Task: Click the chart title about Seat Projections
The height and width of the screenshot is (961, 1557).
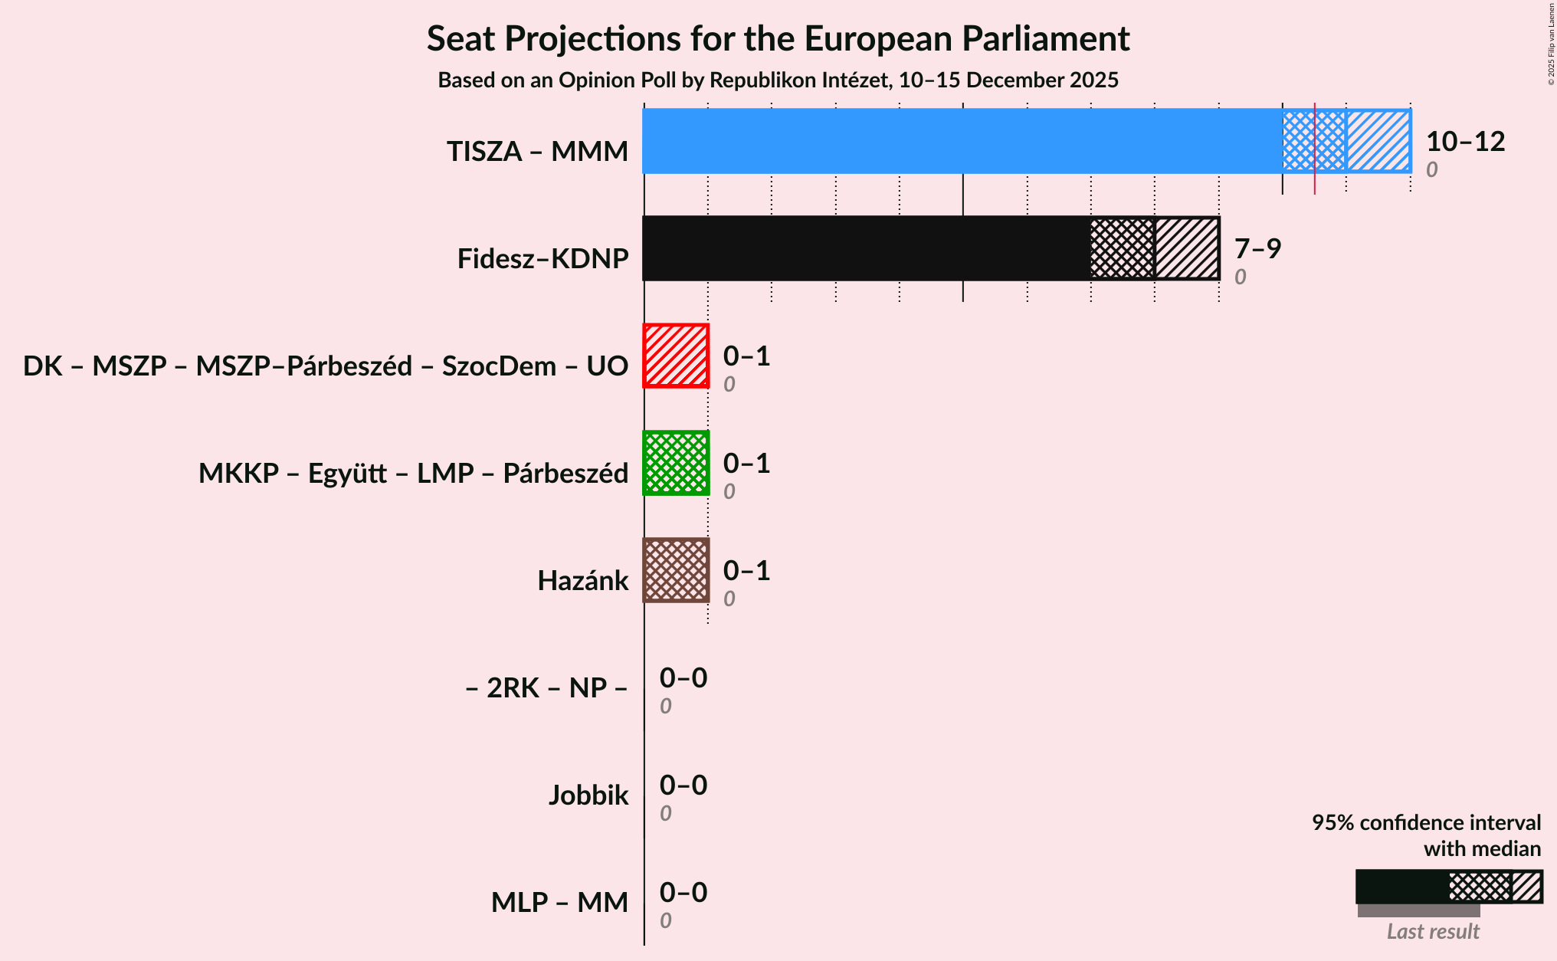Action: (778, 39)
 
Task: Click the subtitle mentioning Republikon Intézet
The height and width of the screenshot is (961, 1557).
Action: (778, 80)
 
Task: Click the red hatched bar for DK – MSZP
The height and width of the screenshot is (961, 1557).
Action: (676, 356)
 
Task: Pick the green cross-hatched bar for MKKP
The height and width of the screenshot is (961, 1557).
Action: (676, 463)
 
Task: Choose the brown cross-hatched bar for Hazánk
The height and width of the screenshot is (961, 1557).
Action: (676, 570)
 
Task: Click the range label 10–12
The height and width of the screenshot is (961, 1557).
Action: (1465, 142)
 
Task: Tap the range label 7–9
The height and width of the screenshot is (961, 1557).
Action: (1257, 249)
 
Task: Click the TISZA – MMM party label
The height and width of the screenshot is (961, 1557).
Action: (537, 152)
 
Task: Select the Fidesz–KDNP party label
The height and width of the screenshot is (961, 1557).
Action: (542, 259)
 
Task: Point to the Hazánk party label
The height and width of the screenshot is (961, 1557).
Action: (582, 581)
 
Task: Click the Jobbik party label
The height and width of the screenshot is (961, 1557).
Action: (588, 795)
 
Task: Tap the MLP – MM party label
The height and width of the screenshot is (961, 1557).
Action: (559, 903)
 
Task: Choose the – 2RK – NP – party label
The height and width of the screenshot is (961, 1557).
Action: (546, 688)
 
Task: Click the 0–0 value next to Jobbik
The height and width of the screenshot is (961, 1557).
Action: (683, 786)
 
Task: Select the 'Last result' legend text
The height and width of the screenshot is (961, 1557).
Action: (1433, 932)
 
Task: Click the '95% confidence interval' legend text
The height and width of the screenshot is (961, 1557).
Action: (1426, 823)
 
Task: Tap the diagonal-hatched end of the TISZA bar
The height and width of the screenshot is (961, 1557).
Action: (1378, 141)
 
